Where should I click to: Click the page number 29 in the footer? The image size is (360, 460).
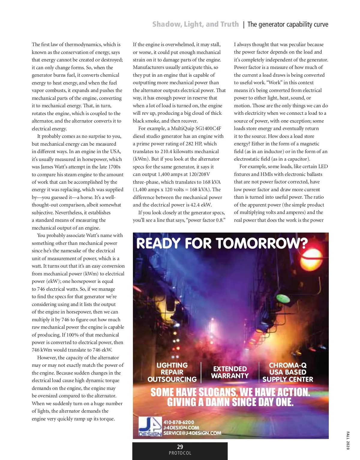tap(180, 447)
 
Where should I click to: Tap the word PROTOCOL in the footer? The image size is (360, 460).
tap(180, 453)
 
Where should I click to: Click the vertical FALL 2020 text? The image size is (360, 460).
tap(348, 440)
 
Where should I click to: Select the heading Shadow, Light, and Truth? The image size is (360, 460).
tap(196, 24)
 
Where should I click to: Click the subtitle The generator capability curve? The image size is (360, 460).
tap(288, 25)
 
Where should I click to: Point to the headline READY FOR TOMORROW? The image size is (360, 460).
tap(222, 243)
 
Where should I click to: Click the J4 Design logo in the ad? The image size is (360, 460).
tap(150, 427)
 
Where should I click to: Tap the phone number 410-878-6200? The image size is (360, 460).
tap(179, 422)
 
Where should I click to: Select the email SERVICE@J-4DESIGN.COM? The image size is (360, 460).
tap(192, 433)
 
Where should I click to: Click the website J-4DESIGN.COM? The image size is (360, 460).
tap(181, 428)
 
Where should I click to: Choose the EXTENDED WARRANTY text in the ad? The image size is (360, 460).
tap(230, 372)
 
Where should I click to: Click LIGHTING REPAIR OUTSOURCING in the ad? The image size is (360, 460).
tap(172, 372)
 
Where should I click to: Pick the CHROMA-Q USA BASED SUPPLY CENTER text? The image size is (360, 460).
tap(288, 372)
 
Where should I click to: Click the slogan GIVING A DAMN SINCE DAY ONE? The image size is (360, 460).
tap(230, 402)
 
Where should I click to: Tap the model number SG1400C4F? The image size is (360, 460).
tap(208, 129)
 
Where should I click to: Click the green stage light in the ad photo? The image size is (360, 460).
tap(283, 298)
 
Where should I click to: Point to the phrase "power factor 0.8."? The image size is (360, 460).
tap(206, 220)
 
